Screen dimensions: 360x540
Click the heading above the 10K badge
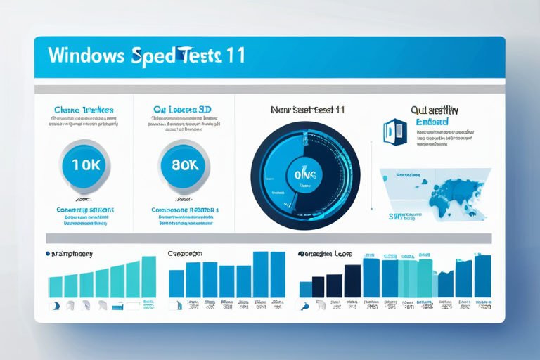tap(84, 110)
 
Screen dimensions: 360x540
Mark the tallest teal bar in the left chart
tap(149, 276)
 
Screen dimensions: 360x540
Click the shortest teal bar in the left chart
tap(56, 286)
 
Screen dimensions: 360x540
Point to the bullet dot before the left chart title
tap(47, 253)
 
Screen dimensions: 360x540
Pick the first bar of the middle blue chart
tap(176, 283)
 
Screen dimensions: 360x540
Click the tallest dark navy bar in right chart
tap(352, 281)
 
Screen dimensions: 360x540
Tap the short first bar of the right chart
tap(305, 289)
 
